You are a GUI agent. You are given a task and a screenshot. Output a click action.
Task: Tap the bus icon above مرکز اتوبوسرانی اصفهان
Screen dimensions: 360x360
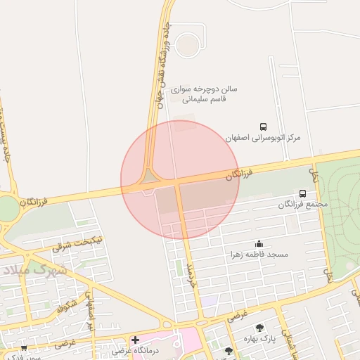pyautogui.click(x=263, y=127)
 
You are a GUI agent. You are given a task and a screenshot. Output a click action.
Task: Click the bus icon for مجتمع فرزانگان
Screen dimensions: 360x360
pyautogui.click(x=302, y=193)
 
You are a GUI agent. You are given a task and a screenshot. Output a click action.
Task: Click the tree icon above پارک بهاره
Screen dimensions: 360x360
pyautogui.click(x=259, y=327)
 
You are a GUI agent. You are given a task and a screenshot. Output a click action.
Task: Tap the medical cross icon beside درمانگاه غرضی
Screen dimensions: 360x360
pyautogui.click(x=135, y=340)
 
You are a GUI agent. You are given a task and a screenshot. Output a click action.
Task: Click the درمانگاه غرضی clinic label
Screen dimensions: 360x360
pyautogui.click(x=139, y=350)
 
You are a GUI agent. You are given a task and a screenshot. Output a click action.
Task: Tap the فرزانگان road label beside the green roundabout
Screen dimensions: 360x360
pyautogui.click(x=35, y=201)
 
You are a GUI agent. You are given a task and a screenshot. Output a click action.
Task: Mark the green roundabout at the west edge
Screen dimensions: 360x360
pyautogui.click(x=6, y=208)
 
